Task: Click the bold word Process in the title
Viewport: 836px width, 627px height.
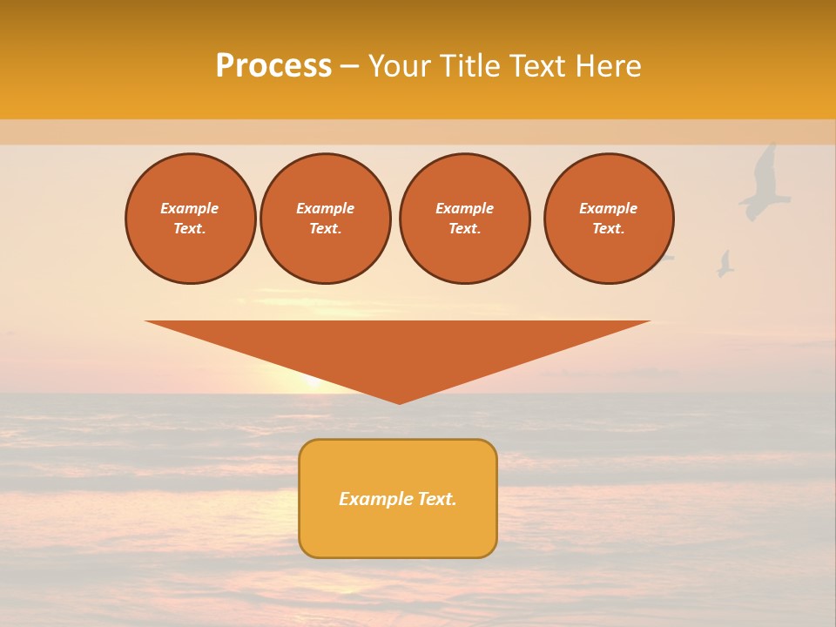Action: tap(273, 66)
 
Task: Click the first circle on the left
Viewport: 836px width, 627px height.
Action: tap(190, 219)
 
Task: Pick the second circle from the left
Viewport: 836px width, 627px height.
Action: tap(325, 219)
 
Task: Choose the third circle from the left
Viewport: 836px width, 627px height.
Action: tap(464, 219)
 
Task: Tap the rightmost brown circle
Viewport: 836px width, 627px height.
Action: tap(609, 219)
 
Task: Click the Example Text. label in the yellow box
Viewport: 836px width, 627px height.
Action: tap(398, 499)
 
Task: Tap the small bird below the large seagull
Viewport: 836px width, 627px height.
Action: tap(725, 264)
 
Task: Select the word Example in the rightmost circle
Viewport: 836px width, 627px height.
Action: tap(608, 208)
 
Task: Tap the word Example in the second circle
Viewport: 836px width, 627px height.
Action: tap(325, 208)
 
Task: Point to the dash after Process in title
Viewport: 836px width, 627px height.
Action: tap(349, 66)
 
